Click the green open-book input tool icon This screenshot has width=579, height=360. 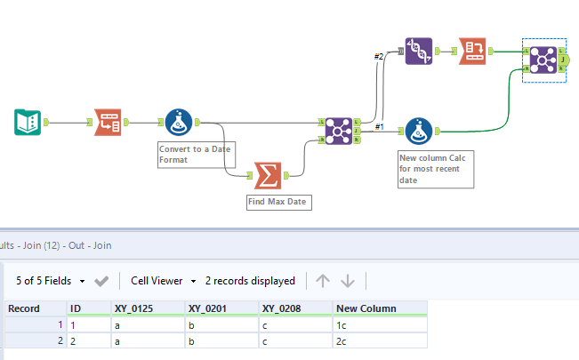point(28,123)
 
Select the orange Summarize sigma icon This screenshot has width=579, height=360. point(268,175)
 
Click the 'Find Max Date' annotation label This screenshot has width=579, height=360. point(277,203)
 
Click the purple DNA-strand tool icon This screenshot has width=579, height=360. point(419,51)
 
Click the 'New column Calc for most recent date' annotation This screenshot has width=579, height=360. point(436,168)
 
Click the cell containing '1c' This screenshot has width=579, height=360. point(380,324)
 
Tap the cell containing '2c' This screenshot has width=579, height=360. point(380,340)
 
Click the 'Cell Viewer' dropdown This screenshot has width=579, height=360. point(163,281)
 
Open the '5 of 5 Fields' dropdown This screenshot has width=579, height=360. point(51,281)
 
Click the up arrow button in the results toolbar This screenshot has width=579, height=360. point(322,281)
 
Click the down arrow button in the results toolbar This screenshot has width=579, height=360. point(348,281)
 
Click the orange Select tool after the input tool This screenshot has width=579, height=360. point(108,123)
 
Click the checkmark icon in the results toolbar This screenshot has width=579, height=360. point(101,281)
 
